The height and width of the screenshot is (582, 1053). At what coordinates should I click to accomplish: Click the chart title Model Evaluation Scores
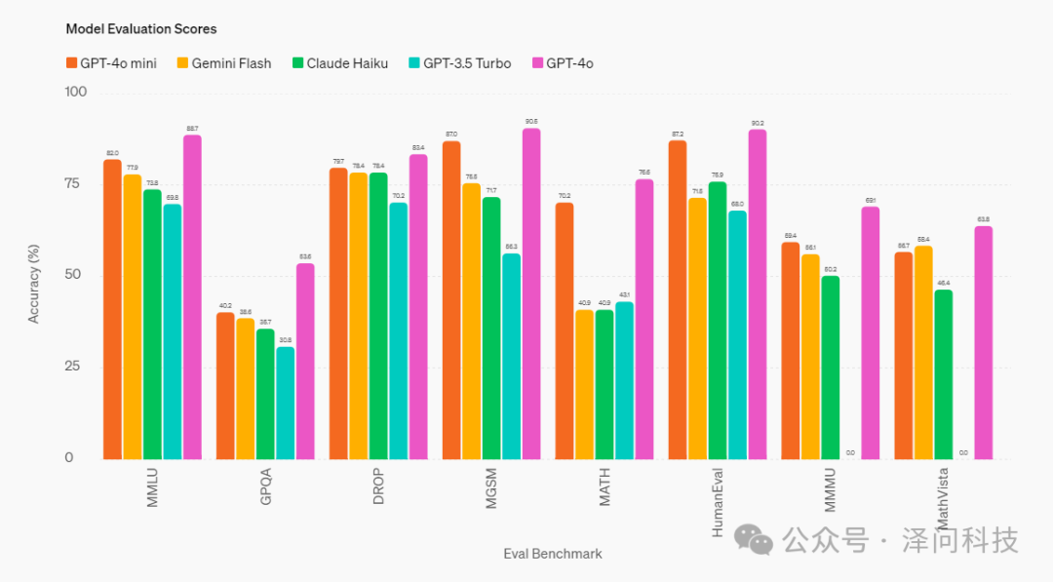pyautogui.click(x=141, y=29)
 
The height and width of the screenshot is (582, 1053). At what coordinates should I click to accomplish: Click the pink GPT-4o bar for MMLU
pyautogui.click(x=192, y=296)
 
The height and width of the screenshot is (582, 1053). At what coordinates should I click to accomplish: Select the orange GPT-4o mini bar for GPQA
pyautogui.click(x=225, y=385)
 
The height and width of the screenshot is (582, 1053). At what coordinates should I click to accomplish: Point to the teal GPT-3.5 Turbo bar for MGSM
pyautogui.click(x=512, y=356)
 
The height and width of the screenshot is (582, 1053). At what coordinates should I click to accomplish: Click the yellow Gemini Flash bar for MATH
pyautogui.click(x=584, y=384)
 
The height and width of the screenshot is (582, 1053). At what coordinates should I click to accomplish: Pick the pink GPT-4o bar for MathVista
pyautogui.click(x=983, y=342)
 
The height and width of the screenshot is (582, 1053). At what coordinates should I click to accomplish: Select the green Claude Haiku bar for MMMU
pyautogui.click(x=831, y=367)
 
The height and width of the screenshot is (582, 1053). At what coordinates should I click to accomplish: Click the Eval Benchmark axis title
pyautogui.click(x=553, y=554)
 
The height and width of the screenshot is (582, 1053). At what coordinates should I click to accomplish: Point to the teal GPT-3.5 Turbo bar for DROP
pyautogui.click(x=399, y=330)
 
